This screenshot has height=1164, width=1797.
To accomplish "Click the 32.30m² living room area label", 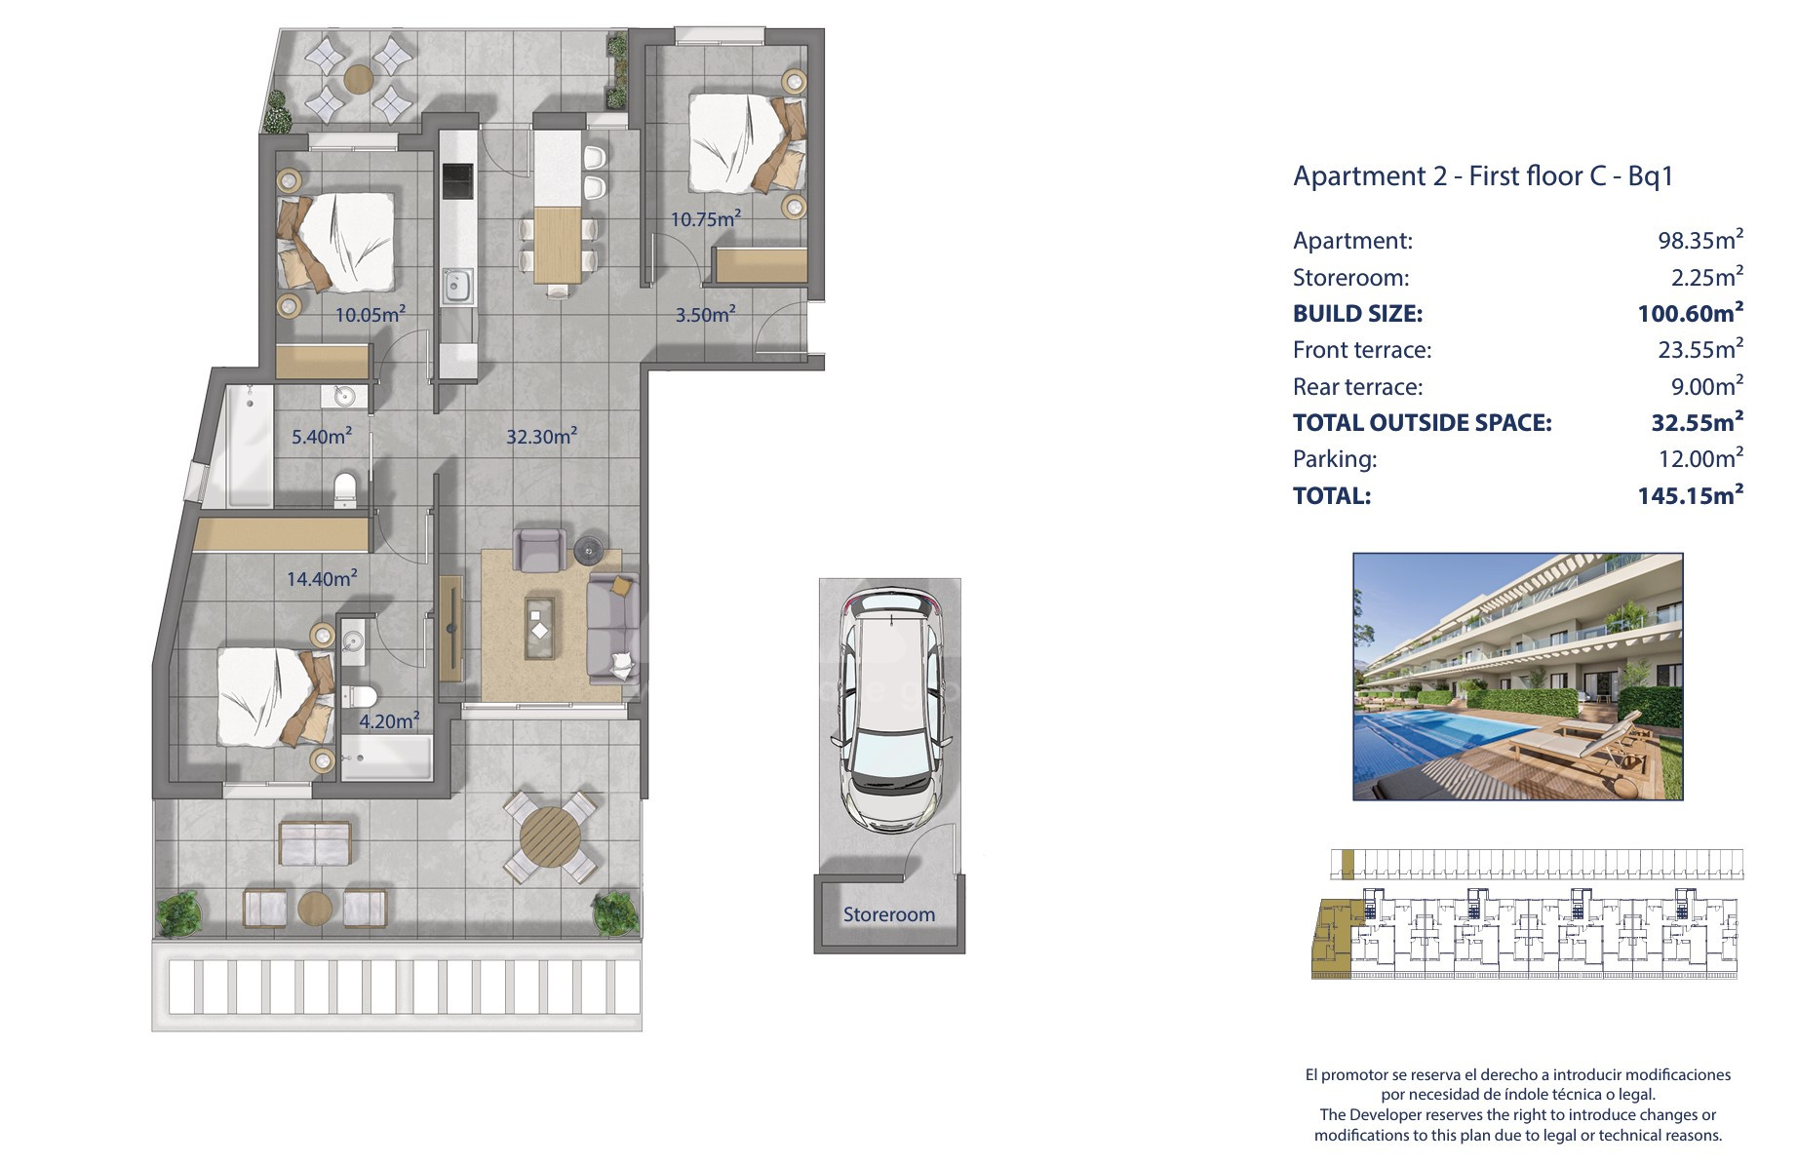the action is [541, 436].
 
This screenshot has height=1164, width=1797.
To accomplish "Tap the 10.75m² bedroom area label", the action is [705, 218].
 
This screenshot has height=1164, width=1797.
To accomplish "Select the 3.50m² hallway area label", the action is [706, 314].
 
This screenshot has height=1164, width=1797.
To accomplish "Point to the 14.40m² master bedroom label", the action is [322, 578].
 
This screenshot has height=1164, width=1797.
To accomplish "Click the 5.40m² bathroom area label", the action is [322, 436].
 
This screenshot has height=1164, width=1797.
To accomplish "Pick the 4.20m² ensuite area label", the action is [389, 720].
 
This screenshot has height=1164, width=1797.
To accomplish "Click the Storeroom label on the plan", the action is [888, 914].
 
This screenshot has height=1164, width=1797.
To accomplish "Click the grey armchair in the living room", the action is [539, 550].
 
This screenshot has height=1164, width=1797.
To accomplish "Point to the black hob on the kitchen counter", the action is [457, 181].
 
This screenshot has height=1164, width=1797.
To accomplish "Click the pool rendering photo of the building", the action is [1518, 677].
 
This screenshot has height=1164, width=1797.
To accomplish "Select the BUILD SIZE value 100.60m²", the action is [1691, 313].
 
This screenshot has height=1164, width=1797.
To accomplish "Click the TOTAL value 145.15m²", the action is [1691, 495].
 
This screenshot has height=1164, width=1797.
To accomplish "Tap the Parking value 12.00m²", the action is [1701, 458].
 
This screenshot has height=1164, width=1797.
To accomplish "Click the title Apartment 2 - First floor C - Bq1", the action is [1483, 175].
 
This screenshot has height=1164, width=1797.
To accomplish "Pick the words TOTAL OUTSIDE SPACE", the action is [1422, 422].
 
